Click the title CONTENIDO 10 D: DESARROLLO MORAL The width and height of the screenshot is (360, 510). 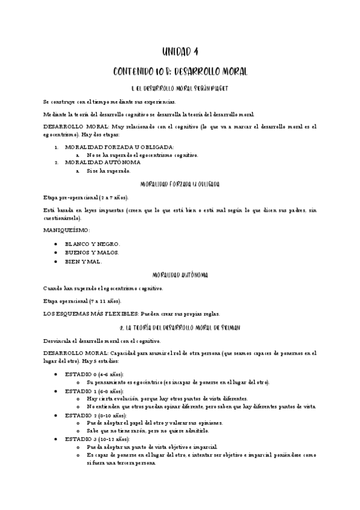click(180, 71)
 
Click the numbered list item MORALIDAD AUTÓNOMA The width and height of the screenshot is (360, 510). click(103, 162)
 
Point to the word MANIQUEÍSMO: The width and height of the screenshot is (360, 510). click(67, 230)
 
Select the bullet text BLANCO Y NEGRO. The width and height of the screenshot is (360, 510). click(93, 244)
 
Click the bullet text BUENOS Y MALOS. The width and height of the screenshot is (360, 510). click(92, 253)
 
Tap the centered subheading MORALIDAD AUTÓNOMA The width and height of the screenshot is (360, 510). click(180, 275)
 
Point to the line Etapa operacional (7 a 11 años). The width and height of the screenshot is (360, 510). click(82, 301)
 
